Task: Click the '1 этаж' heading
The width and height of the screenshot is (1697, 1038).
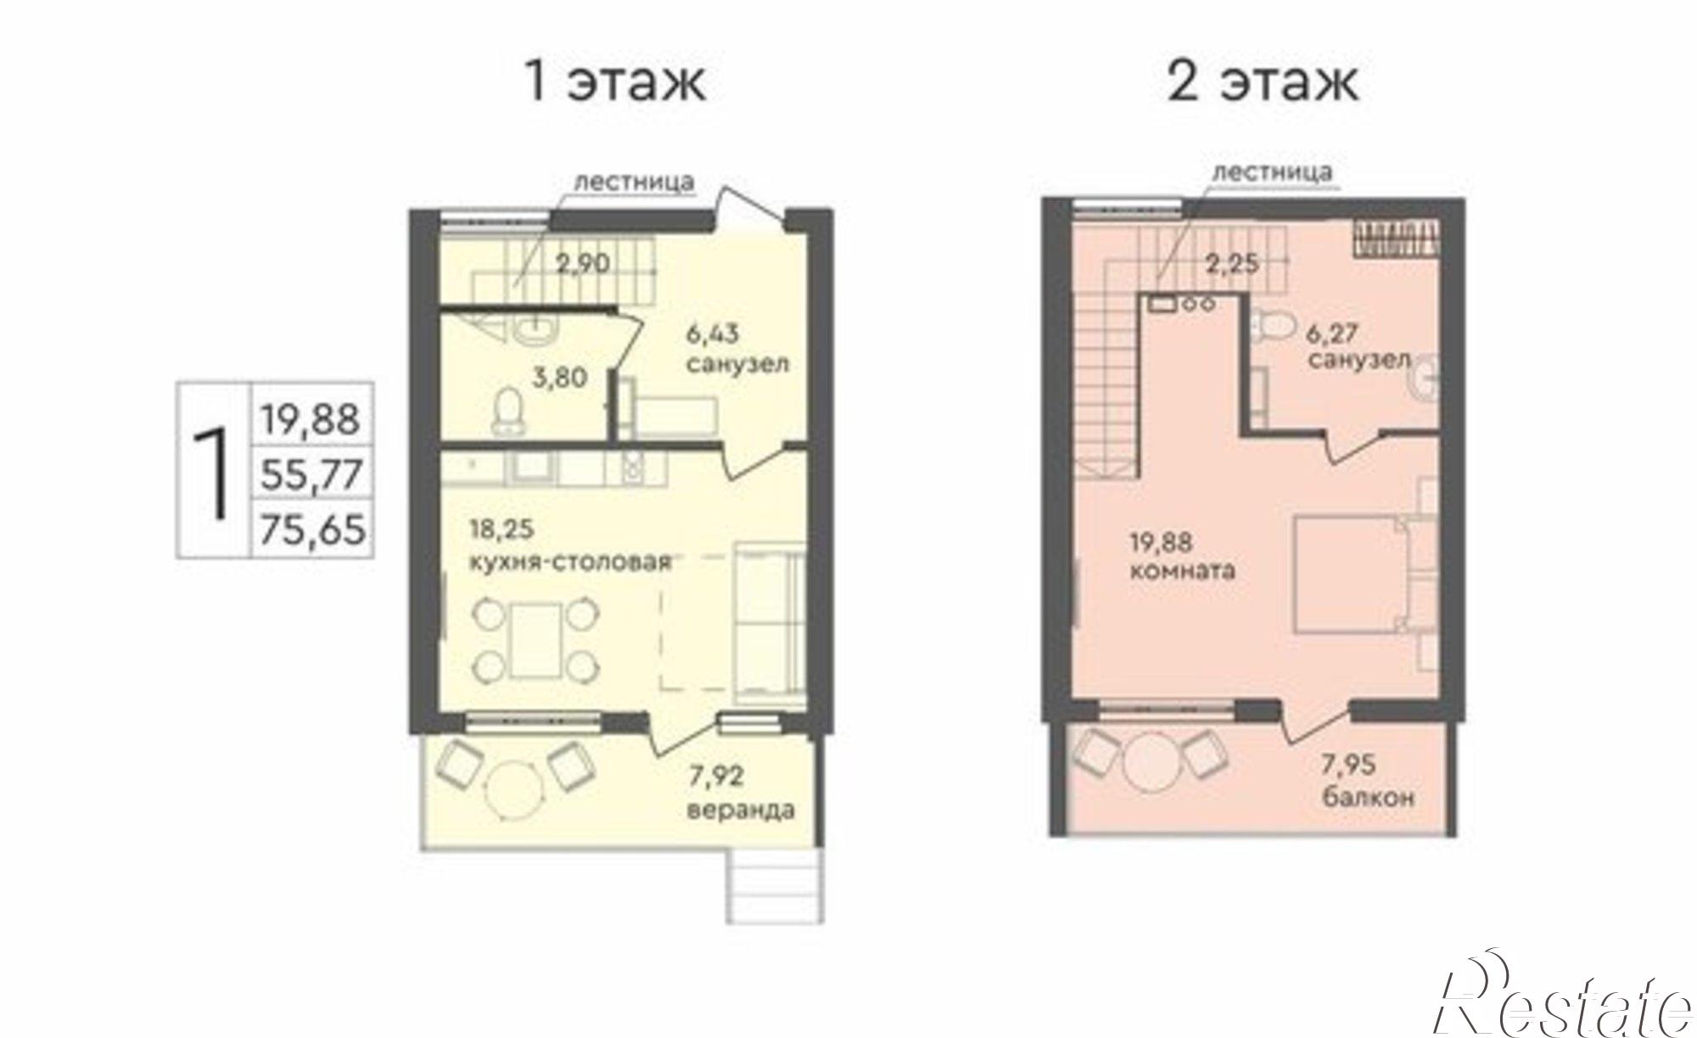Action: (615, 82)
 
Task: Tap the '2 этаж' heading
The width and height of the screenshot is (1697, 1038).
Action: (1263, 82)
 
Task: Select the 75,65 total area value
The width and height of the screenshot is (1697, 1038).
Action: (312, 530)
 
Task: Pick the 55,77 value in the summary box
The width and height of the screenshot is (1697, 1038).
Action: (312, 474)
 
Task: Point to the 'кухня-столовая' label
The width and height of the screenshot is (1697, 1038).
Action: (570, 561)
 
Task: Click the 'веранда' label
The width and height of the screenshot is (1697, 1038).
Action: (741, 810)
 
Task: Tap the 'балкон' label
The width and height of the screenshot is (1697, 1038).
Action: (1368, 798)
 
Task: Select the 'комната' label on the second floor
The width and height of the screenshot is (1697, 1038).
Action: (1183, 569)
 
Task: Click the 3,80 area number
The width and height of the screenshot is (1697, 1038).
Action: (559, 377)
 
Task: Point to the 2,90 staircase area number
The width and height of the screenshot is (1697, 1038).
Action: (583, 263)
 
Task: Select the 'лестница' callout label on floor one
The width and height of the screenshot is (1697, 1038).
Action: (635, 182)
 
